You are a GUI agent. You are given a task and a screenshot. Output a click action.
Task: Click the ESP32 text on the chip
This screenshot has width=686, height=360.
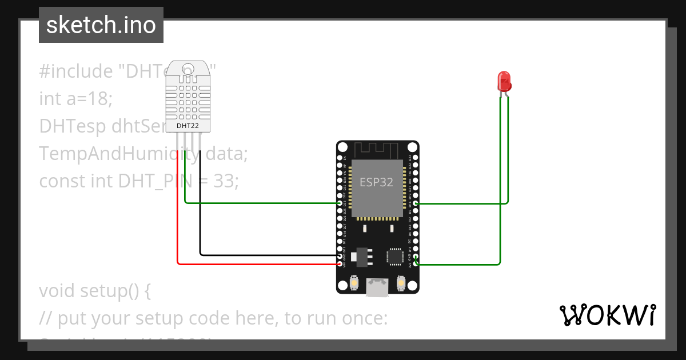(x=376, y=182)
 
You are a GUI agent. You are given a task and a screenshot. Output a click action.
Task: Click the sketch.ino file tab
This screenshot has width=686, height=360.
(x=101, y=25)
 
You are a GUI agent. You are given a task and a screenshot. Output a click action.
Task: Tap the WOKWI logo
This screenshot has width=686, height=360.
(x=607, y=315)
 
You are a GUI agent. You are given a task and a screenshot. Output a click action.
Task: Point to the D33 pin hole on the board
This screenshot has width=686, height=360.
(x=340, y=203)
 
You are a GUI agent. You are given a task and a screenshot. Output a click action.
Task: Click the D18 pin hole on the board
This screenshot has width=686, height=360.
(x=416, y=203)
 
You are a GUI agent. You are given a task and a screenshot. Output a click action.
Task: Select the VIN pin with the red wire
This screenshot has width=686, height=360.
(x=340, y=264)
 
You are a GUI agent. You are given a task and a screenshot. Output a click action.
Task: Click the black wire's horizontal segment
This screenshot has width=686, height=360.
(x=269, y=255)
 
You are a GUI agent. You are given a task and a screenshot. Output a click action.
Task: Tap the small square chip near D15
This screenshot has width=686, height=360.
(x=394, y=256)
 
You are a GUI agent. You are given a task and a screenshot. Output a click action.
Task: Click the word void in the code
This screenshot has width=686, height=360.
(x=58, y=291)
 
